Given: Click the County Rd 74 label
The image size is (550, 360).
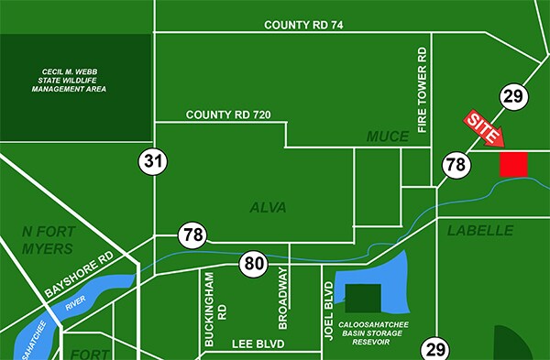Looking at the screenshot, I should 303,25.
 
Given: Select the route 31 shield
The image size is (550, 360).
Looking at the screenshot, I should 154,162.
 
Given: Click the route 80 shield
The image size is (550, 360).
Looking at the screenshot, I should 254,266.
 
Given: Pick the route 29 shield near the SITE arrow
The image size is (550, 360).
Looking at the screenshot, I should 512,95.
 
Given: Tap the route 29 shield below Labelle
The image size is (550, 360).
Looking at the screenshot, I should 434,348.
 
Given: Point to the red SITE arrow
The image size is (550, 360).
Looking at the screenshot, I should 485,129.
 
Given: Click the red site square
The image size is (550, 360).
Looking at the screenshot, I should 513,164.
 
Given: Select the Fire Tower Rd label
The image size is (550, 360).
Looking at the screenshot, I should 423,92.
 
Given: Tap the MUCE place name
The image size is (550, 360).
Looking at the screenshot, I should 388,136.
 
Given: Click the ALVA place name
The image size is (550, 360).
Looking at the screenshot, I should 268,208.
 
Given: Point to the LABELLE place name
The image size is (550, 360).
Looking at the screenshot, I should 479,231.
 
